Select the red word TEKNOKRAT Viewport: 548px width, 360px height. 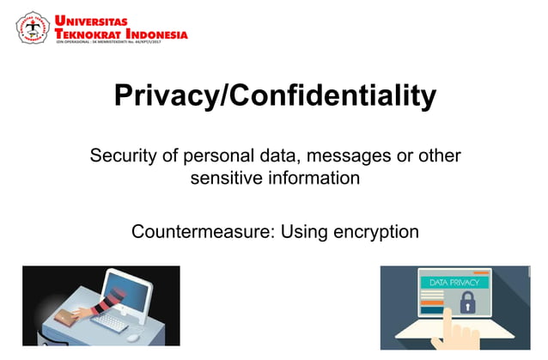click(x=85, y=34)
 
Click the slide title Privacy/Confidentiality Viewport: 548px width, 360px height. click(x=275, y=95)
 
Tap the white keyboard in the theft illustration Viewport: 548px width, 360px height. click(x=115, y=321)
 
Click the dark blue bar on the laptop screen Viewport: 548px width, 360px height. click(x=432, y=309)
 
